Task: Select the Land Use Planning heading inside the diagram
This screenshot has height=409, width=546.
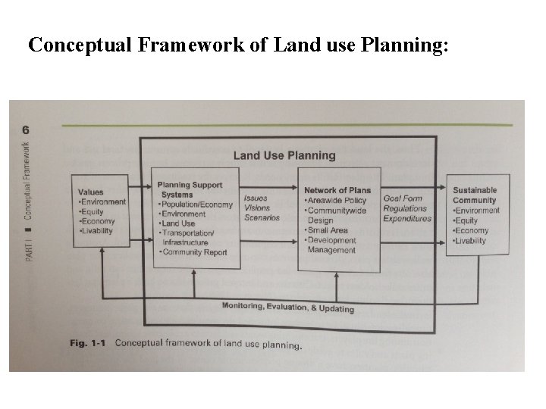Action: [284, 156]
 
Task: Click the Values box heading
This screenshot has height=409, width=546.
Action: [90, 192]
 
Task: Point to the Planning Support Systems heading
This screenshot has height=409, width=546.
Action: [190, 189]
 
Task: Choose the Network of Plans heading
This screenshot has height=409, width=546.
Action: [337, 190]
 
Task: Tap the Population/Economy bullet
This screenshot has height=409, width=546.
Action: [196, 204]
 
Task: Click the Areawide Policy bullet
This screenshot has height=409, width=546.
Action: [335, 201]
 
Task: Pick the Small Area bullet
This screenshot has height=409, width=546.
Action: [328, 230]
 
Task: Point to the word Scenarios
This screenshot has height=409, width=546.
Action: [262, 218]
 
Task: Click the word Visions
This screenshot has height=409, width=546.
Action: [256, 208]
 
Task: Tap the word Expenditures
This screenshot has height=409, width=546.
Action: [407, 219]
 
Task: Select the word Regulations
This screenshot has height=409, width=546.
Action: [406, 209]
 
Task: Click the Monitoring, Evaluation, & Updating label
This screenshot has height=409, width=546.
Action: [277, 308]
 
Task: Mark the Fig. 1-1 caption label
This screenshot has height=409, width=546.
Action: [86, 343]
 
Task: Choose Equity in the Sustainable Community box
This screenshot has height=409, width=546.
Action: [466, 220]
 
